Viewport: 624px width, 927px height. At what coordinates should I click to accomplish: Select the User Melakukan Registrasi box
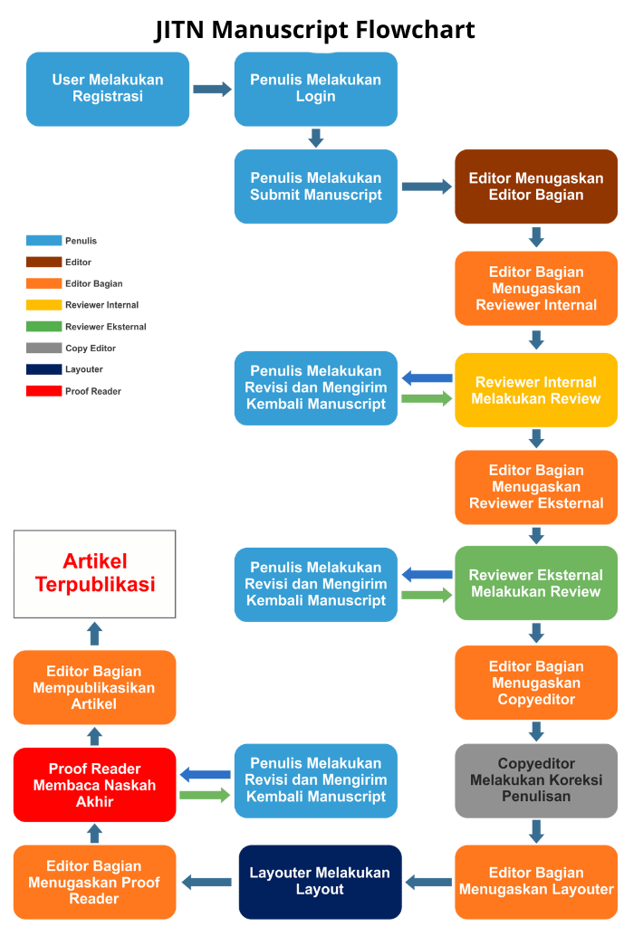click(x=108, y=89)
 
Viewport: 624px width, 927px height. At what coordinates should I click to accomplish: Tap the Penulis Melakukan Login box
click(x=315, y=89)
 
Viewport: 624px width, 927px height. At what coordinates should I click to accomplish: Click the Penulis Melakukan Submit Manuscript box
click(x=315, y=186)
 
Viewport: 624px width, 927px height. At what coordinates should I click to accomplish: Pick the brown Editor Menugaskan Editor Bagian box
click(x=535, y=186)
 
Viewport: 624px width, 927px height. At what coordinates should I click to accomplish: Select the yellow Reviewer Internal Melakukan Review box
click(x=535, y=390)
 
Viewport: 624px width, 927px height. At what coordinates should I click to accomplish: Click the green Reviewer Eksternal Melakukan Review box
click(x=535, y=584)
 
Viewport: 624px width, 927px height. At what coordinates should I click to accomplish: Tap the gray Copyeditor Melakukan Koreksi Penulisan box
click(x=535, y=780)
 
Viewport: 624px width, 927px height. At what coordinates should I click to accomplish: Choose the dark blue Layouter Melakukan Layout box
click(x=320, y=882)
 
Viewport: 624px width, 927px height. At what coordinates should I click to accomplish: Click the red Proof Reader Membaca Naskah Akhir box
click(x=94, y=785)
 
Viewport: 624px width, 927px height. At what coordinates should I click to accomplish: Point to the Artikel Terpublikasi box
click(x=94, y=574)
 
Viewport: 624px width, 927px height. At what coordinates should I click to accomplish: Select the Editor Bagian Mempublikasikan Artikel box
click(x=94, y=687)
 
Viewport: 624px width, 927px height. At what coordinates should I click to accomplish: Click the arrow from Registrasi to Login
click(x=212, y=90)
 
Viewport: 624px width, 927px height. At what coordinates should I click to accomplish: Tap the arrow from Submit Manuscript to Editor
click(x=426, y=186)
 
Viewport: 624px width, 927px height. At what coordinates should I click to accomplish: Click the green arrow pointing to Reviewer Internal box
click(x=426, y=398)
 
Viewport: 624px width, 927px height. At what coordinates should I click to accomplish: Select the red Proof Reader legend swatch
click(x=43, y=391)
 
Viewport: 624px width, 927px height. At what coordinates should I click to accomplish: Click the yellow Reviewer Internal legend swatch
click(x=43, y=305)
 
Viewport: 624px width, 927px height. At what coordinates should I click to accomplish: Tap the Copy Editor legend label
click(x=91, y=349)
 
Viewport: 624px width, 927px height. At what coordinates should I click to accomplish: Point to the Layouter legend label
click(x=84, y=369)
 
